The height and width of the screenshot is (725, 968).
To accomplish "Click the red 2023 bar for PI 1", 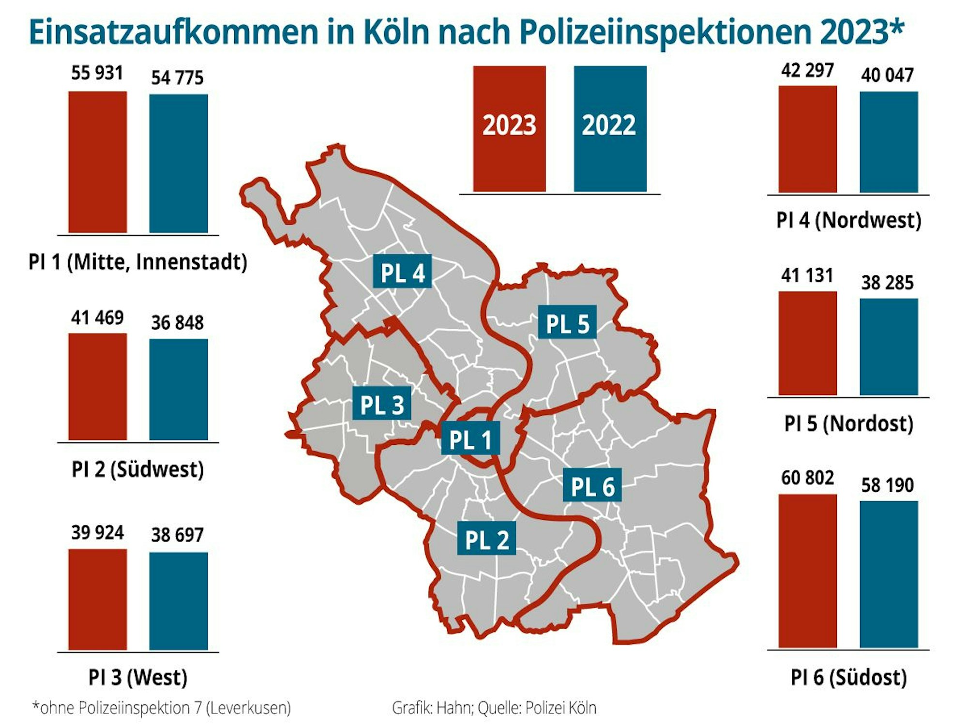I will point(97,162).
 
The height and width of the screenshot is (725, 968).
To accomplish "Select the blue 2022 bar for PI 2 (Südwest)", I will point(178,390).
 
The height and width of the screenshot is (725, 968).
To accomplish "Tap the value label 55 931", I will point(97,73).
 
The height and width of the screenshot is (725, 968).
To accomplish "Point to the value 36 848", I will point(177,323).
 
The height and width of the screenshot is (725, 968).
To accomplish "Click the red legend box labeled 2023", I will point(509,128).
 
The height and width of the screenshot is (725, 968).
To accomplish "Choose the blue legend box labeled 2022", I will point(610,128).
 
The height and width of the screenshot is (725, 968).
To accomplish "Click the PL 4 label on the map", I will point(402,273).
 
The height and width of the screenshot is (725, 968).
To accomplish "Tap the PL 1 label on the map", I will point(470,440).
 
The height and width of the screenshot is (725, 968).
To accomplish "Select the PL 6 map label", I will point(592,487).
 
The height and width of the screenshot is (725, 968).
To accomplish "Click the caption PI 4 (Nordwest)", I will point(848,220).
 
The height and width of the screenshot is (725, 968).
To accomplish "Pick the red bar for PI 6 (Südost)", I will point(807,571).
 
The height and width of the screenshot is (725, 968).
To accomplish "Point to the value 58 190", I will point(887,485).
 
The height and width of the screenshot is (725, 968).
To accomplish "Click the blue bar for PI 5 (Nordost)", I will point(889,347).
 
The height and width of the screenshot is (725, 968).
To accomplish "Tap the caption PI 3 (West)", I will point(137,677).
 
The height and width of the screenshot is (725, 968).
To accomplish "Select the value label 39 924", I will point(97,532).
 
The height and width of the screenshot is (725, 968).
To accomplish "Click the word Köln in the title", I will point(396,32).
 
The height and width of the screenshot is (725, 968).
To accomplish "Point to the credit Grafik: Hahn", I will point(432,708).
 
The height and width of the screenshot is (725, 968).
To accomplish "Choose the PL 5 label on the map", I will point(567,323).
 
